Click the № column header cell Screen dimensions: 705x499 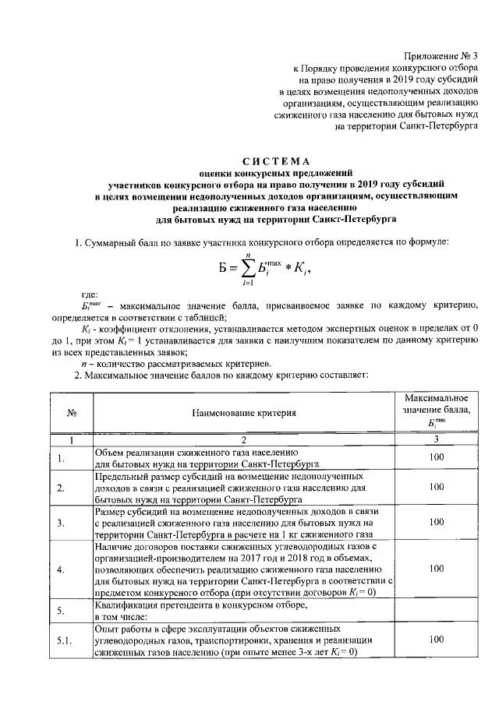coord(71,413)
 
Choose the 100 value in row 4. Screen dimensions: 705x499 coord(436,569)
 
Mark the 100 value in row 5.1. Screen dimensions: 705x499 coord(436,640)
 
